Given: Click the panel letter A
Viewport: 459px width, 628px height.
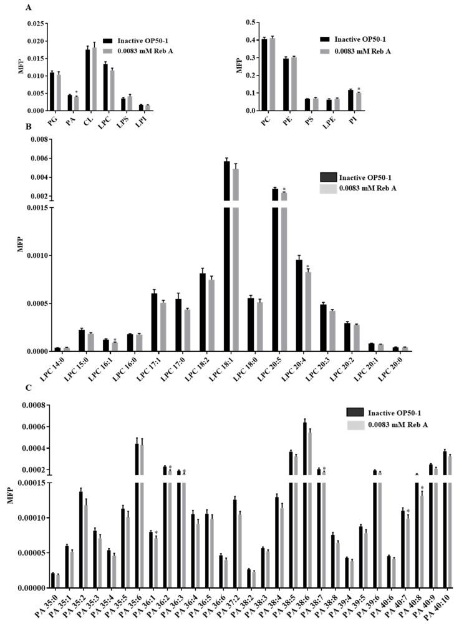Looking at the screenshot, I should tap(27, 7).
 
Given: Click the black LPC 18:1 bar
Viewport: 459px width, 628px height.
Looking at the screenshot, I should tap(227, 256).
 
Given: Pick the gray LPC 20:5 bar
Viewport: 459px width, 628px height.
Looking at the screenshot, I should tap(284, 272).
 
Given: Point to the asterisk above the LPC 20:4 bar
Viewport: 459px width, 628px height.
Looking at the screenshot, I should tap(307, 267).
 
